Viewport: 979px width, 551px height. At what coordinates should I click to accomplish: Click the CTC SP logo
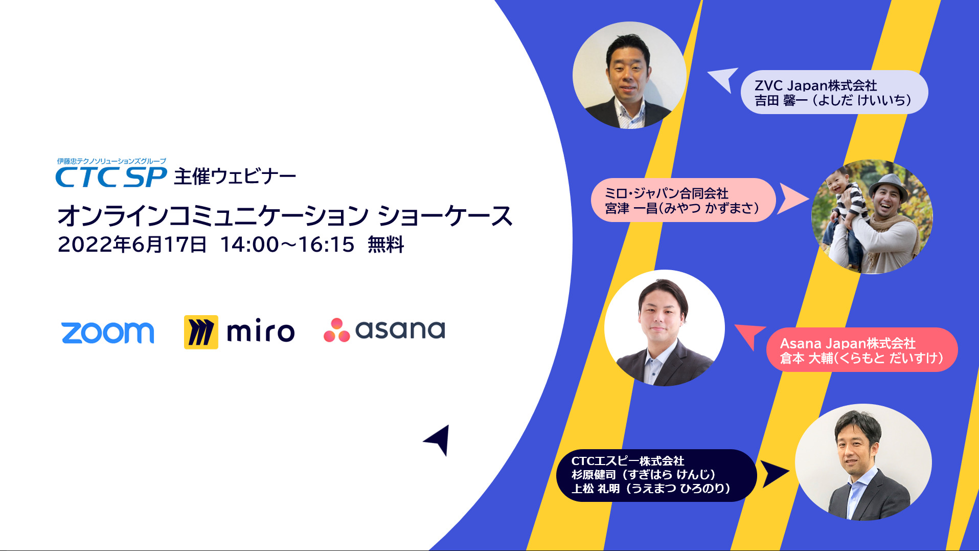pos(111,173)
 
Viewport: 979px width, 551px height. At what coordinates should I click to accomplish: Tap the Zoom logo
pos(107,333)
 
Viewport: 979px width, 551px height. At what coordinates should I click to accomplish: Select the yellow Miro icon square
pos(201,332)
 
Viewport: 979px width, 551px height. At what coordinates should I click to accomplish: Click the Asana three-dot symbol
pos(336,330)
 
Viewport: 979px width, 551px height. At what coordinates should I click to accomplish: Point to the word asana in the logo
pos(400,330)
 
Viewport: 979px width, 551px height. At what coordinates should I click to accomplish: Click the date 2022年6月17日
pos(132,245)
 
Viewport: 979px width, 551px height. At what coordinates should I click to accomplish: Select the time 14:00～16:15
pos(287,245)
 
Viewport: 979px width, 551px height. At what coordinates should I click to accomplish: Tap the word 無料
pos(386,245)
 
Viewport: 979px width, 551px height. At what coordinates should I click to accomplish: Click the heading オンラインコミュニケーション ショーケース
pos(285,215)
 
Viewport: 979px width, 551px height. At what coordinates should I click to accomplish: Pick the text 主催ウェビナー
pos(235,177)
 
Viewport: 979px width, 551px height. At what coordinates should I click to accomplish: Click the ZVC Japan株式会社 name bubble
pos(834,92)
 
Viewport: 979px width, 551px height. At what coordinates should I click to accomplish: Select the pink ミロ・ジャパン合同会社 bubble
pos(683,200)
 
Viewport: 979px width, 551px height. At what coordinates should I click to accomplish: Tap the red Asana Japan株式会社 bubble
pos(862,350)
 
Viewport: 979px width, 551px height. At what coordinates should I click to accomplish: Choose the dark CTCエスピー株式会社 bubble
pos(656,475)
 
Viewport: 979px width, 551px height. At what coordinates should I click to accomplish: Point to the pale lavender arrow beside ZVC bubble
pos(724,79)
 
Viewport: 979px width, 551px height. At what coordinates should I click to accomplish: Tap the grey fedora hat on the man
pos(890,185)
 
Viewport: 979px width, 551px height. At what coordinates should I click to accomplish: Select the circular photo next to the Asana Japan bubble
pos(665,328)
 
